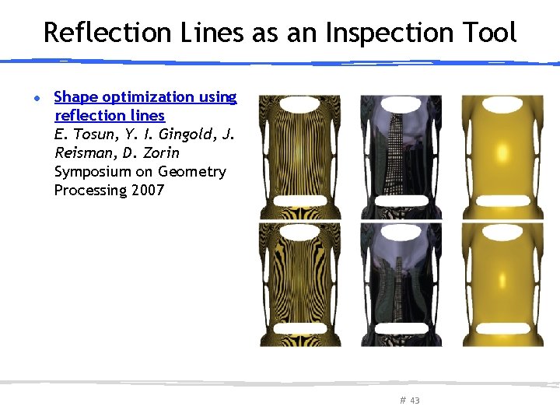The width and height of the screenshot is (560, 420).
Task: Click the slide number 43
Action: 415,401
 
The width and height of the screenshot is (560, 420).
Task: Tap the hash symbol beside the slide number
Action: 403,401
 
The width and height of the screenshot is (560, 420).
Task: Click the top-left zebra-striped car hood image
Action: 299,156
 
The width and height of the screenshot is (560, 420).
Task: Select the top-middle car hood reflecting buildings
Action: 401,156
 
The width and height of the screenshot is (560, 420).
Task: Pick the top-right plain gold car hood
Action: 502,156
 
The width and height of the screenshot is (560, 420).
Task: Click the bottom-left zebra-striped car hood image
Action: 299,284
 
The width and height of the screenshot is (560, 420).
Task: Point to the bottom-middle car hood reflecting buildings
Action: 401,284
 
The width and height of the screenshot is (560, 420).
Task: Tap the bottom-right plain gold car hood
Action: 502,284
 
